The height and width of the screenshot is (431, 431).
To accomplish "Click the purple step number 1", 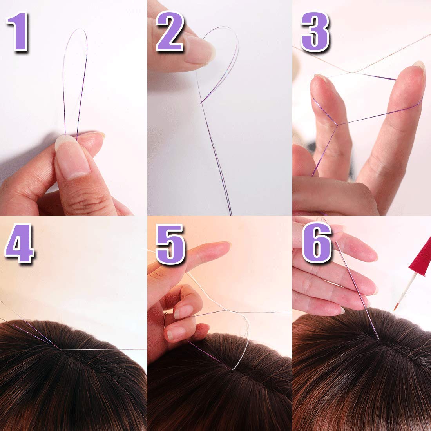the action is (18, 32).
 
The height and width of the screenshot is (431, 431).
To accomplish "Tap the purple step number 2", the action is (170, 32).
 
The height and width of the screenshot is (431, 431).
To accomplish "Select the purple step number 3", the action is (315, 32).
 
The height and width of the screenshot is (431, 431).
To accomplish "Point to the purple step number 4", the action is (19, 244).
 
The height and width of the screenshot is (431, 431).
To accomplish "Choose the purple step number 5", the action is (170, 244).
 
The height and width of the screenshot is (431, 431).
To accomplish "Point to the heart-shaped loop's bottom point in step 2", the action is (201, 103).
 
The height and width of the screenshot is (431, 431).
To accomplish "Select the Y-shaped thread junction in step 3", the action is (337, 125).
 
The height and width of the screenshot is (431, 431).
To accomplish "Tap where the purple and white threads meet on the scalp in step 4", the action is (60, 349).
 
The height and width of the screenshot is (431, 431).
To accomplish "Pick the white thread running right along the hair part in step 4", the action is (103, 350).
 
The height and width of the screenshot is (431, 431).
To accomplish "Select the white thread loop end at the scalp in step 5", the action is (233, 369).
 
